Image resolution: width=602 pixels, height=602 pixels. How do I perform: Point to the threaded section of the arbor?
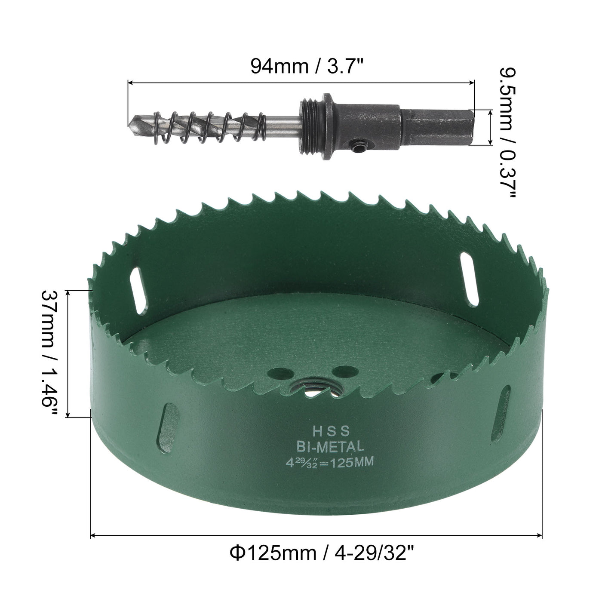[310, 125]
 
